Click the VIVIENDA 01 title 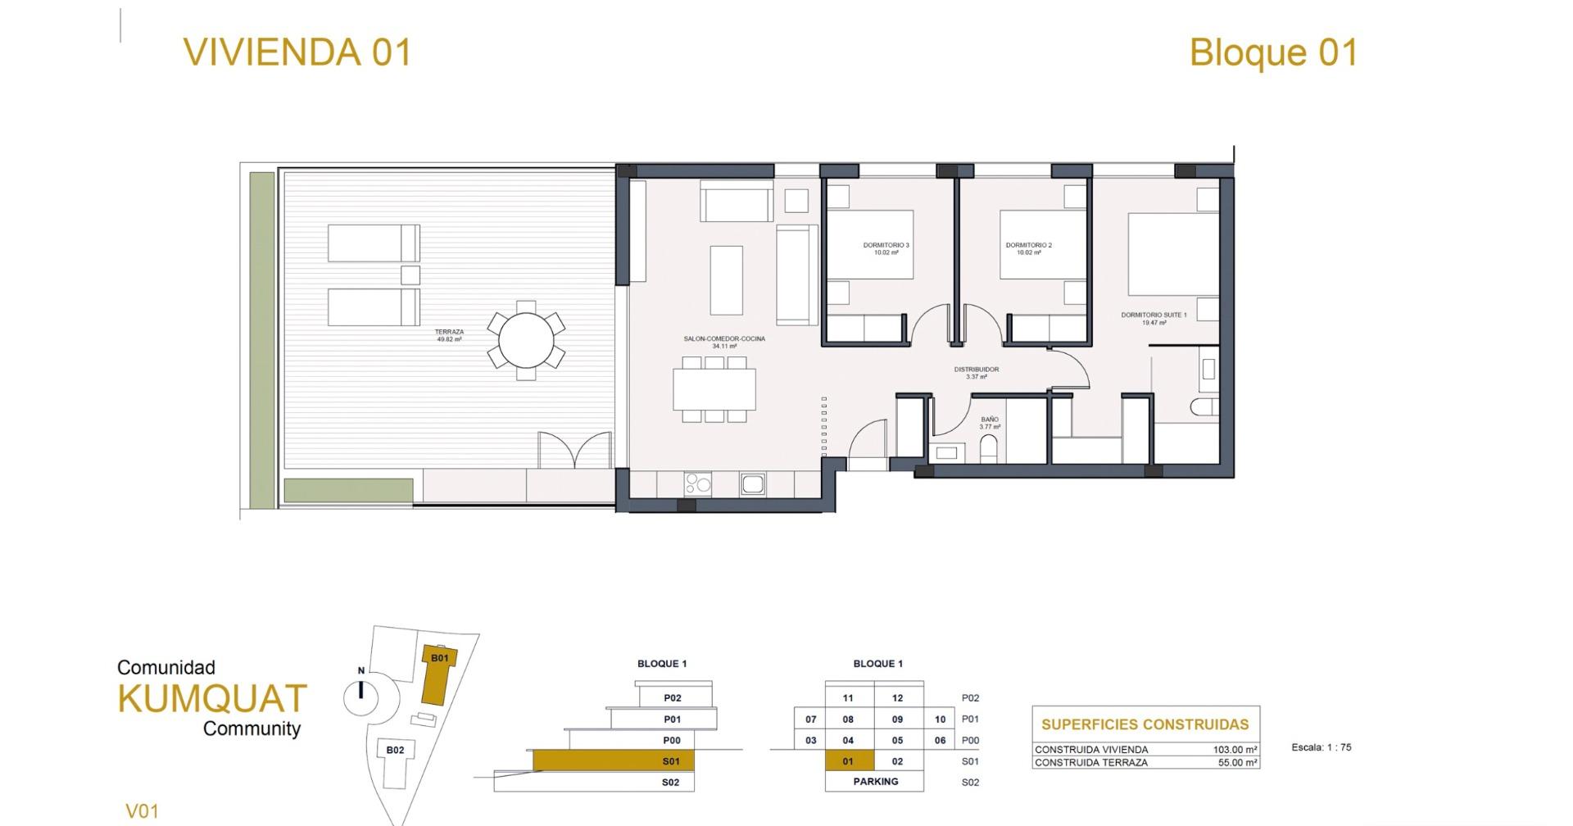297,52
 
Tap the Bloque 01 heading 1273,52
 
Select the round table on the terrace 526,340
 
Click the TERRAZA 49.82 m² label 449,335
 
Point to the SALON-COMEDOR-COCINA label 724,342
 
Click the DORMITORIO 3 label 886,248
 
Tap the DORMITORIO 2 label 1028,248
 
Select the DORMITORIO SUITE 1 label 1154,318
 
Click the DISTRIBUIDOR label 976,373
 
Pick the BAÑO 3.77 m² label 990,423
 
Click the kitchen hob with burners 697,484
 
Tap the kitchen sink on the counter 753,484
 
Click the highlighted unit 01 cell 849,761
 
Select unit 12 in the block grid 898,698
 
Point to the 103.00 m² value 1235,750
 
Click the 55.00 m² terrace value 1237,763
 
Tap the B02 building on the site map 395,750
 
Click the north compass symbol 360,692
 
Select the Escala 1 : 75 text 1321,747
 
